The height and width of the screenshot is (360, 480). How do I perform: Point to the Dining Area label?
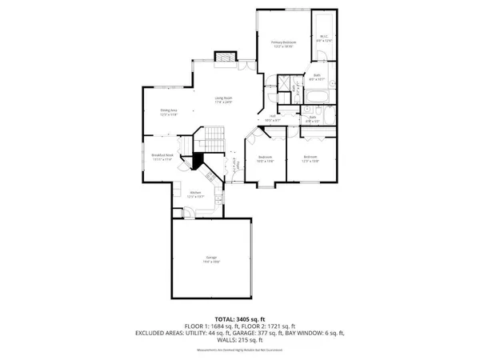pyautogui.click(x=168, y=112)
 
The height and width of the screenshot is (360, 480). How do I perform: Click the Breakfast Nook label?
pyautogui.click(x=162, y=157)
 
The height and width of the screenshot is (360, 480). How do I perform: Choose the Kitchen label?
pyautogui.click(x=194, y=194)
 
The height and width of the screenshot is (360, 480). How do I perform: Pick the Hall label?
pyautogui.click(x=272, y=118)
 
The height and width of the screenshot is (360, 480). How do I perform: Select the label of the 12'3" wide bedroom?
pyautogui.click(x=310, y=158)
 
